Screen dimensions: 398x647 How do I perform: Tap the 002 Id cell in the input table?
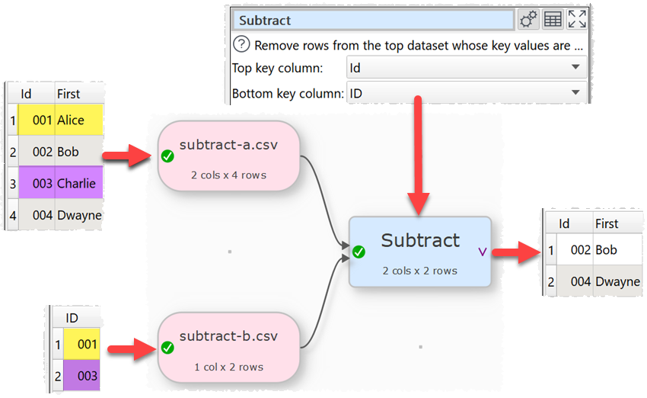[x=42, y=152]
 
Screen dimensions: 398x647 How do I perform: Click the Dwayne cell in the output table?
[x=617, y=281]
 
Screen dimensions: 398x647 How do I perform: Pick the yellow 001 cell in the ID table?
[x=81, y=344]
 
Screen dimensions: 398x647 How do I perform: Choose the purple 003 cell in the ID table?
[x=81, y=376]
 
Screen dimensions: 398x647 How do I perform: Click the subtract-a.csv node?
[x=228, y=156]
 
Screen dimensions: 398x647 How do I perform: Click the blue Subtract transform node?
[x=420, y=251]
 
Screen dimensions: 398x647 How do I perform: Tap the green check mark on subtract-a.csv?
[x=167, y=156]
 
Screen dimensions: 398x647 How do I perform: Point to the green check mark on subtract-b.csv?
[x=167, y=348]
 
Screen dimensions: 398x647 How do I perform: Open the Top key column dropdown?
[x=466, y=68]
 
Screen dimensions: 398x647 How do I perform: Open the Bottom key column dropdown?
[x=466, y=94]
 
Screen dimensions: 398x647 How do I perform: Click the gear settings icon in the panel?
[x=528, y=20]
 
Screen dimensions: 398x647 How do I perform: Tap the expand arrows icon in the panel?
[x=577, y=20]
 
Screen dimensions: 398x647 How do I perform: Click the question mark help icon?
[x=241, y=44]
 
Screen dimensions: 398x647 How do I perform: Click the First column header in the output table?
[x=607, y=223]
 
